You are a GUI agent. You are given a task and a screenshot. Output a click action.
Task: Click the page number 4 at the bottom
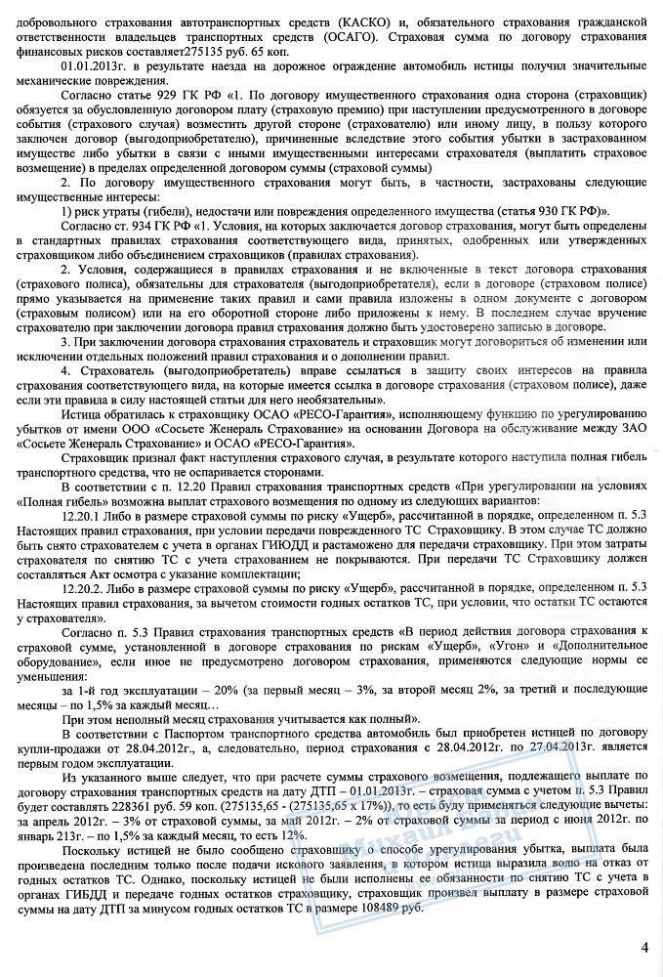click(644, 947)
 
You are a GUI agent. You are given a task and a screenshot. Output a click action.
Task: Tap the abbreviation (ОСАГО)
click(340, 35)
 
